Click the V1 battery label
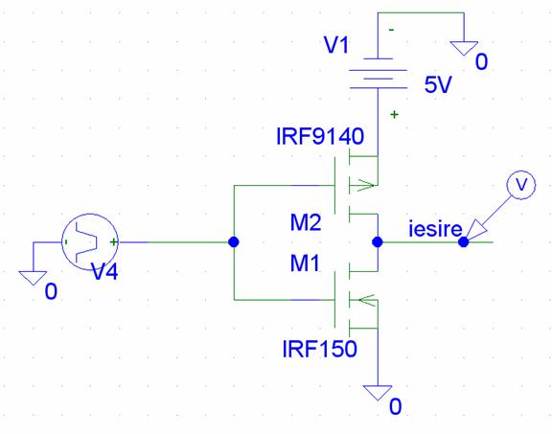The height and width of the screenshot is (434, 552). tap(336, 45)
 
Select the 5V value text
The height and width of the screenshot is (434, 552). tap(438, 84)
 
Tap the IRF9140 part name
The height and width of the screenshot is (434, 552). tap(320, 136)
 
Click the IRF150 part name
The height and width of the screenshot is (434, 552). tap(320, 349)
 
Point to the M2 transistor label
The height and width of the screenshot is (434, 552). tap(306, 222)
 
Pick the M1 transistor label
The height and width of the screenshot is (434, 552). tap(305, 263)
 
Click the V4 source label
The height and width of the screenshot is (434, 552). tap(104, 271)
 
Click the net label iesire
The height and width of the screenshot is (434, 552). tap(435, 229)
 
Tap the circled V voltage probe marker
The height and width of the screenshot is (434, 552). tap(521, 185)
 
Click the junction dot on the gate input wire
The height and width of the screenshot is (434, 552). tap(234, 242)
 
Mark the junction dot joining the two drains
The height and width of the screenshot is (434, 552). tap(378, 242)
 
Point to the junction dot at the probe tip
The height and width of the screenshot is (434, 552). tap(463, 242)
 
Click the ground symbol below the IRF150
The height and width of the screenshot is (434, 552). tap(378, 393)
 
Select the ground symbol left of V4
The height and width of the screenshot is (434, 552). tap(33, 278)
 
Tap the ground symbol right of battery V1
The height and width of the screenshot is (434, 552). tap(464, 48)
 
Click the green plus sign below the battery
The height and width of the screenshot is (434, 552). tap(394, 114)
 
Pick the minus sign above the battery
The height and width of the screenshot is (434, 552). tap(391, 31)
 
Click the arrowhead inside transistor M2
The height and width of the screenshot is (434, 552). tap(365, 185)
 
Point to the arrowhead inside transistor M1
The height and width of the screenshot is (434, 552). tap(366, 300)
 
